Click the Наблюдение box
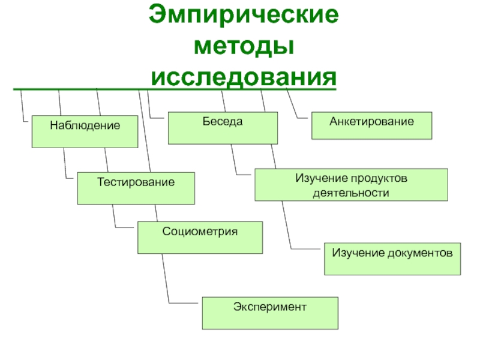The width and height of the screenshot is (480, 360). (85, 131)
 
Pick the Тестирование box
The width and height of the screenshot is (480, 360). (136, 188)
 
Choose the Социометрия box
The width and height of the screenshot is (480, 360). (200, 237)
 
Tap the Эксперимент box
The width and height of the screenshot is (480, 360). (269, 313)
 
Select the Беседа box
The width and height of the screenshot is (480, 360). (223, 128)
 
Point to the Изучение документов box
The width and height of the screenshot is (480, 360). (393, 259)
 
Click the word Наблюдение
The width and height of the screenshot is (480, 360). (85, 126)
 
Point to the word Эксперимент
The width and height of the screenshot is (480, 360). (269, 307)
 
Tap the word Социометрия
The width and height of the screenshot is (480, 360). (200, 231)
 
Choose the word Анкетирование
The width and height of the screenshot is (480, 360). (371, 121)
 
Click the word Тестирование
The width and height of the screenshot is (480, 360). (136, 181)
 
